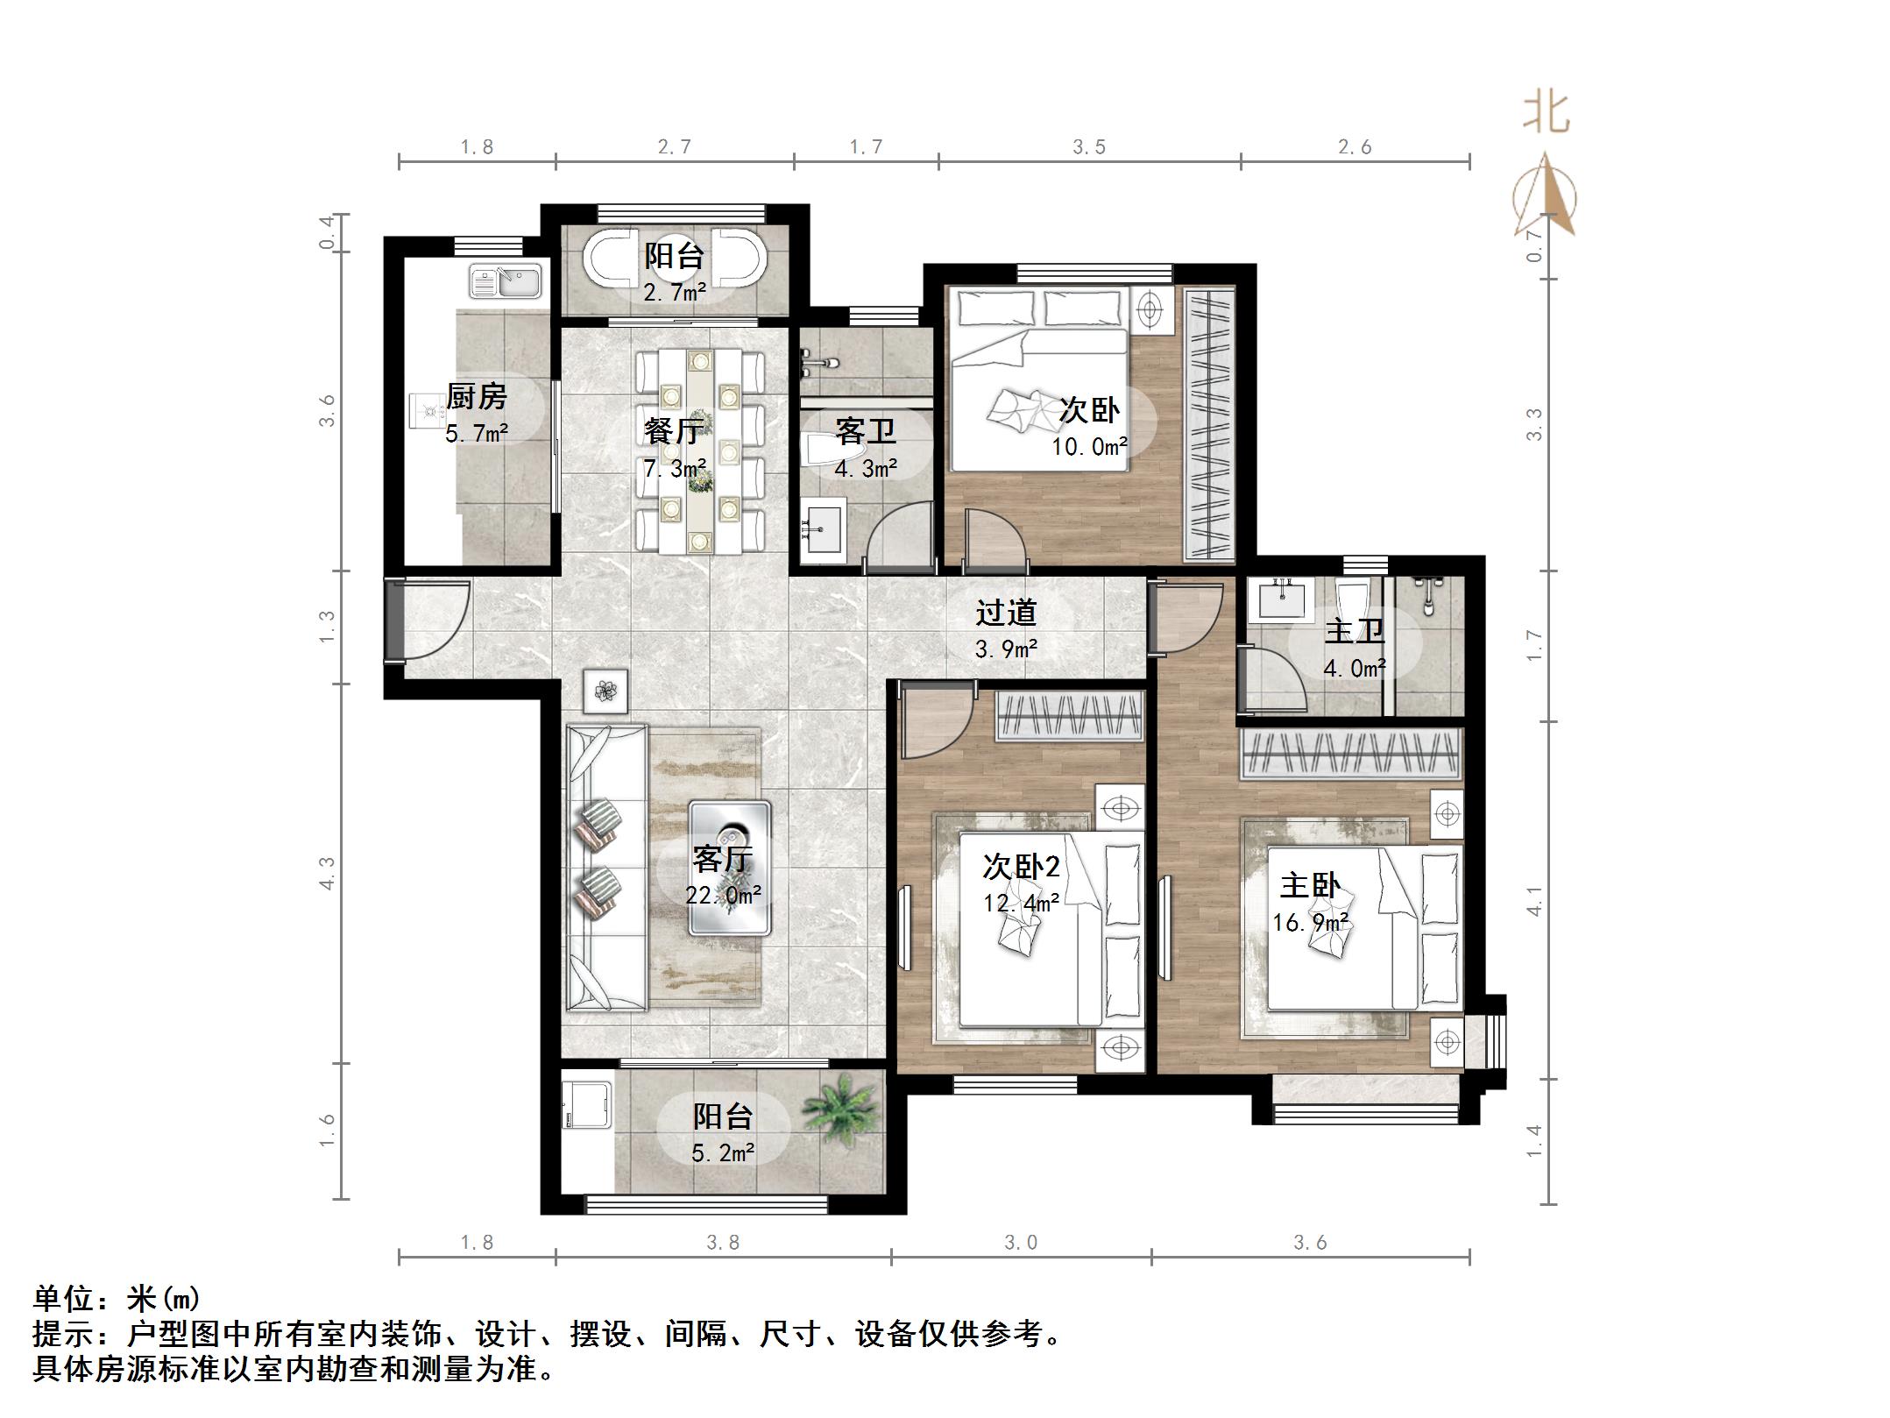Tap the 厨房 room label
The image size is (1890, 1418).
477,397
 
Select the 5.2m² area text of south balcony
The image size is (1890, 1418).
723,1152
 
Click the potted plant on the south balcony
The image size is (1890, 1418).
839,1109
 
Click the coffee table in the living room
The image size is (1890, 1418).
730,868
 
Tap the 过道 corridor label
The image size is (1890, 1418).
1006,613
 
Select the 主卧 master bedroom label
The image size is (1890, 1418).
1309,885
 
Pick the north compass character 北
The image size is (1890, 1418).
1546,113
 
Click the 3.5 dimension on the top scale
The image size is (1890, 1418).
1089,147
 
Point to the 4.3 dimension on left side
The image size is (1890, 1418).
327,873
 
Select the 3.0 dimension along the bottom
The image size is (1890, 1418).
1021,1243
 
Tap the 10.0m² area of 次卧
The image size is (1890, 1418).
1089,447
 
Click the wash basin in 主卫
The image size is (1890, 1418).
1281,599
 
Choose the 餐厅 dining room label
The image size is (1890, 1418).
672,431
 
